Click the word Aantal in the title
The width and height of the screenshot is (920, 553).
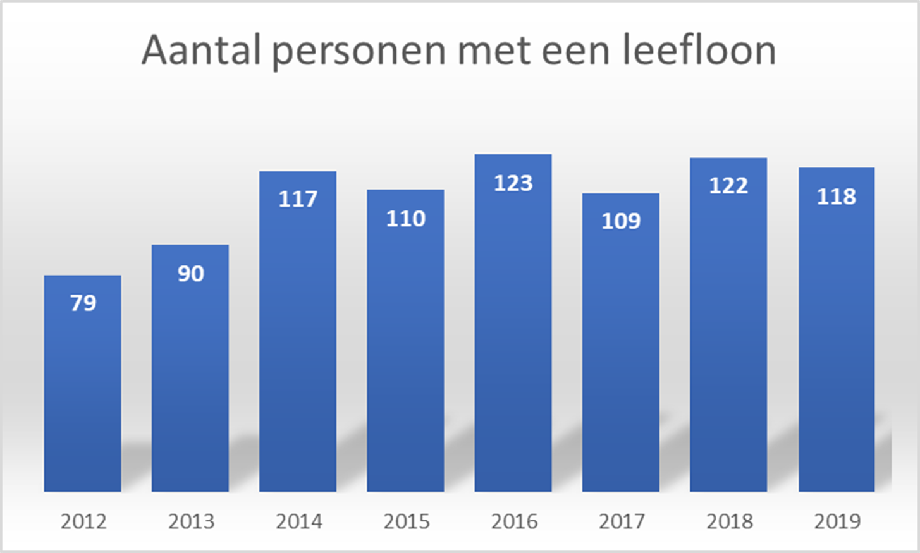(200, 51)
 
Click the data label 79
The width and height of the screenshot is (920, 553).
(83, 303)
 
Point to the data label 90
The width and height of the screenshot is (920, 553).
(190, 274)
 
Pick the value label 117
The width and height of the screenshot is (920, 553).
(298, 199)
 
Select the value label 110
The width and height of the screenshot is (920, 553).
(405, 219)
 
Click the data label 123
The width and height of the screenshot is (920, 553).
(513, 183)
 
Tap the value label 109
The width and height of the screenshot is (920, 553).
(621, 221)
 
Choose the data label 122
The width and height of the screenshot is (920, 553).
(728, 186)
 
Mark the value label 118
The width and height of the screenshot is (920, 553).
(836, 197)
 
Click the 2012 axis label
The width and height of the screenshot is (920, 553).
(83, 521)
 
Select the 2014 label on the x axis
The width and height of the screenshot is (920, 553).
(298, 521)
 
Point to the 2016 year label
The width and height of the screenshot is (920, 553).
(514, 521)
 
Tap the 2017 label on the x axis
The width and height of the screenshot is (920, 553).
(622, 521)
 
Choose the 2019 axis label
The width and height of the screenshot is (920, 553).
(837, 521)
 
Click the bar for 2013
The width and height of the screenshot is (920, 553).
(190, 379)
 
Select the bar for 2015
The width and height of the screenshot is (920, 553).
(405, 354)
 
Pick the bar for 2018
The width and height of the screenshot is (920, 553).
(728, 341)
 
